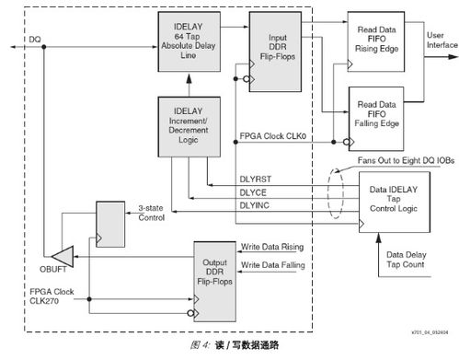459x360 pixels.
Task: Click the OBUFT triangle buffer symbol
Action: pos(61,253)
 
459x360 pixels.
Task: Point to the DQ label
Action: pos(35,40)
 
